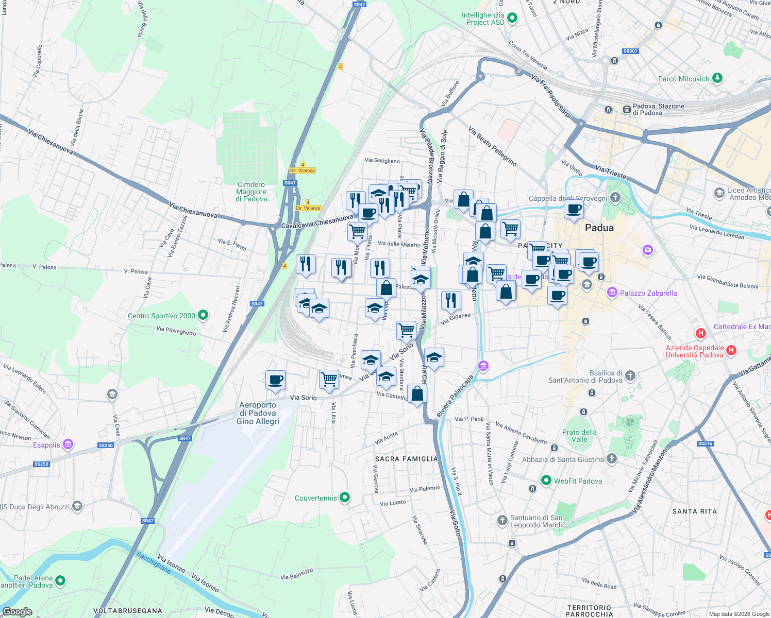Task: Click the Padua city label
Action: pyautogui.click(x=599, y=228)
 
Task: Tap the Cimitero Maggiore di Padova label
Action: pyautogui.click(x=252, y=192)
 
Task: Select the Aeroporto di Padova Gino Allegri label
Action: pyautogui.click(x=258, y=413)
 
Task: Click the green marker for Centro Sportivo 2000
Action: pyautogui.click(x=203, y=315)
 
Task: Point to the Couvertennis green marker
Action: pyautogui.click(x=345, y=497)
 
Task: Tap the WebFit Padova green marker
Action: pyautogui.click(x=546, y=480)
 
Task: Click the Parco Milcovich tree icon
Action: pyautogui.click(x=717, y=78)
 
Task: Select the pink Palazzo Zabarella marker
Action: pyautogui.click(x=612, y=293)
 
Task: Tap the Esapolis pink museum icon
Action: pyautogui.click(x=68, y=444)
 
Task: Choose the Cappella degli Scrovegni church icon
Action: pyautogui.click(x=615, y=198)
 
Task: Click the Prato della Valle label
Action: pyautogui.click(x=579, y=436)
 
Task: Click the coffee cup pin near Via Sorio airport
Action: pyautogui.click(x=275, y=380)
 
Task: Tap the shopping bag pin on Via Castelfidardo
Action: pyautogui.click(x=417, y=394)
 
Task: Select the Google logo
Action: pyautogui.click(x=17, y=612)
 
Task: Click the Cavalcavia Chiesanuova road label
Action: pyautogui.click(x=317, y=222)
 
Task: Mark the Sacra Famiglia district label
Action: pyautogui.click(x=406, y=459)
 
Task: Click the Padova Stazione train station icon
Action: pyautogui.click(x=627, y=109)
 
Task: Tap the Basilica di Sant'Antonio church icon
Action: pyautogui.click(x=630, y=376)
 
